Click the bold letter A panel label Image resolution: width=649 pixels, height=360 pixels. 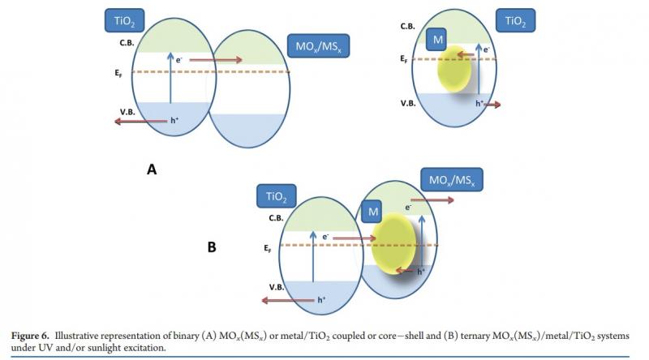coord(151,169)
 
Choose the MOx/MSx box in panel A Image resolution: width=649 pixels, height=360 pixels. coord(320,46)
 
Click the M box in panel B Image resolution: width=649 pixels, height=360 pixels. coord(374,212)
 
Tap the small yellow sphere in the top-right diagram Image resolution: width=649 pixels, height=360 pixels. coord(454,71)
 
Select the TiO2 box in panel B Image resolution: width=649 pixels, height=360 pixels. coord(277,195)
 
